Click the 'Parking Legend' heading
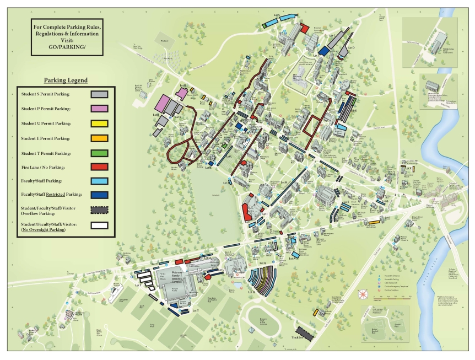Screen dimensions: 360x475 tap(66, 80)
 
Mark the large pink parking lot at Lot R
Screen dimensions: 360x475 tap(164, 103)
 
